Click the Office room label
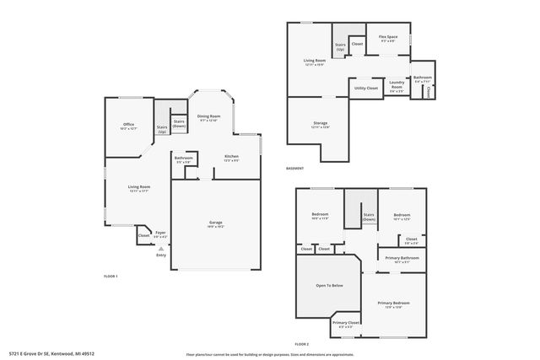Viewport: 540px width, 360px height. tap(128, 126)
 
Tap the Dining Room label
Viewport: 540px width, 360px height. tap(209, 118)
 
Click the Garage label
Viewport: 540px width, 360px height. tap(217, 225)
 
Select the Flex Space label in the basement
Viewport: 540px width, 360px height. tap(388, 39)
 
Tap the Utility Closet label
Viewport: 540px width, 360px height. tap(365, 88)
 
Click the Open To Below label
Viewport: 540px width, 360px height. tap(329, 286)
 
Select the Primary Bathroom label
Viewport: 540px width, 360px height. tap(402, 259)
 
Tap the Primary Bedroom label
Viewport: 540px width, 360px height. tap(393, 304)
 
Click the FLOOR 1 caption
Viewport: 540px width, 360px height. tap(111, 277)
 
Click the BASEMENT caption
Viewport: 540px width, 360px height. tap(295, 168)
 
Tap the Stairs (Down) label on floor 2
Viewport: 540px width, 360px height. tap(368, 217)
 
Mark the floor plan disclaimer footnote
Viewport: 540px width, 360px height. tap(270, 354)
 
